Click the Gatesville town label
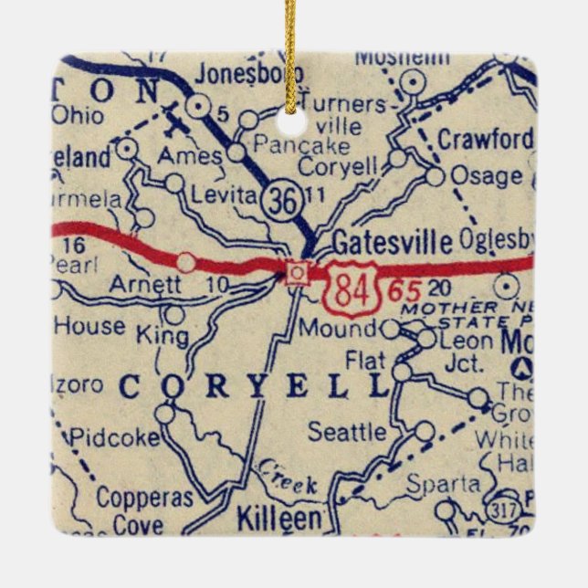pyautogui.click(x=392, y=243)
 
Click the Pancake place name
pyautogui.click(x=301, y=145)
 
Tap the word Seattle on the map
pyautogui.click(x=347, y=430)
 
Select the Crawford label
pyautogui.click(x=484, y=140)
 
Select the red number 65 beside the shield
pyautogui.click(x=403, y=291)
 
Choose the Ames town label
pyautogui.click(x=189, y=156)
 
